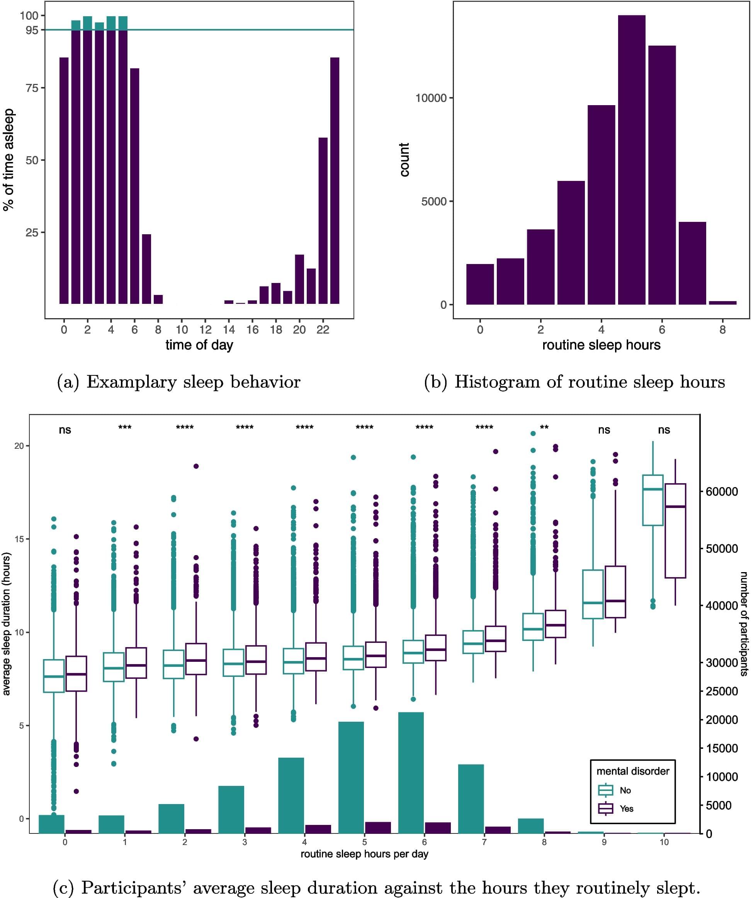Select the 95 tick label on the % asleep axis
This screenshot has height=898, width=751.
click(x=32, y=30)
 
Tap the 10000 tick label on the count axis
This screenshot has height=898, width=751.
click(x=431, y=98)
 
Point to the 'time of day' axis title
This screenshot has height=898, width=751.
click(x=199, y=345)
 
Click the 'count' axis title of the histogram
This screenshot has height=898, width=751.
click(x=404, y=160)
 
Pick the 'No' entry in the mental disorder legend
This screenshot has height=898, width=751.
click(x=625, y=790)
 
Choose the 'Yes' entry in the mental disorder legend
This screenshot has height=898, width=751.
click(x=626, y=809)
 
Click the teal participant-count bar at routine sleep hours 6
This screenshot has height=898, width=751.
click(x=411, y=773)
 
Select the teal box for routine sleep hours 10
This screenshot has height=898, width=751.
click(x=653, y=500)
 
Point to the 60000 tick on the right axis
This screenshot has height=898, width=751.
click(x=722, y=492)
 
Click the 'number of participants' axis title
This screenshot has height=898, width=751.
click(x=744, y=624)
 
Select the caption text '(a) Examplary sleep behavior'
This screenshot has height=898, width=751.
click(x=178, y=382)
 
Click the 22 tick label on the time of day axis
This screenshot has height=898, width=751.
click(x=323, y=330)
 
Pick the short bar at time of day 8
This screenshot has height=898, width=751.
click(x=158, y=299)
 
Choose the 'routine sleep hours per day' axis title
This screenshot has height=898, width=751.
click(x=364, y=854)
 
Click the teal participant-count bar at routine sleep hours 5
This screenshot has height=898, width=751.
click(x=351, y=777)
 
